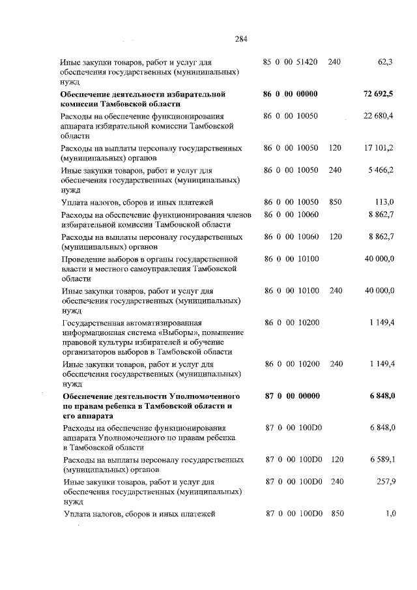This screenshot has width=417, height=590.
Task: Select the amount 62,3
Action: click(386, 62)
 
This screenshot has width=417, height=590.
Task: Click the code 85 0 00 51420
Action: click(290, 62)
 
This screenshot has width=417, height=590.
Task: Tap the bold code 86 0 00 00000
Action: click(290, 95)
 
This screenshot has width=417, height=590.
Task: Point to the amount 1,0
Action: click(390, 514)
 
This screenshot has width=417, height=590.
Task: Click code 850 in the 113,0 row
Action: click(335, 201)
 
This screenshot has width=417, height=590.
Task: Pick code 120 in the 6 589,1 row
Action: click(336, 460)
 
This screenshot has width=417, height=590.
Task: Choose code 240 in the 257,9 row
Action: click(336, 481)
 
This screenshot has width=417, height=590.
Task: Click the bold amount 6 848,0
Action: click(381, 396)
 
